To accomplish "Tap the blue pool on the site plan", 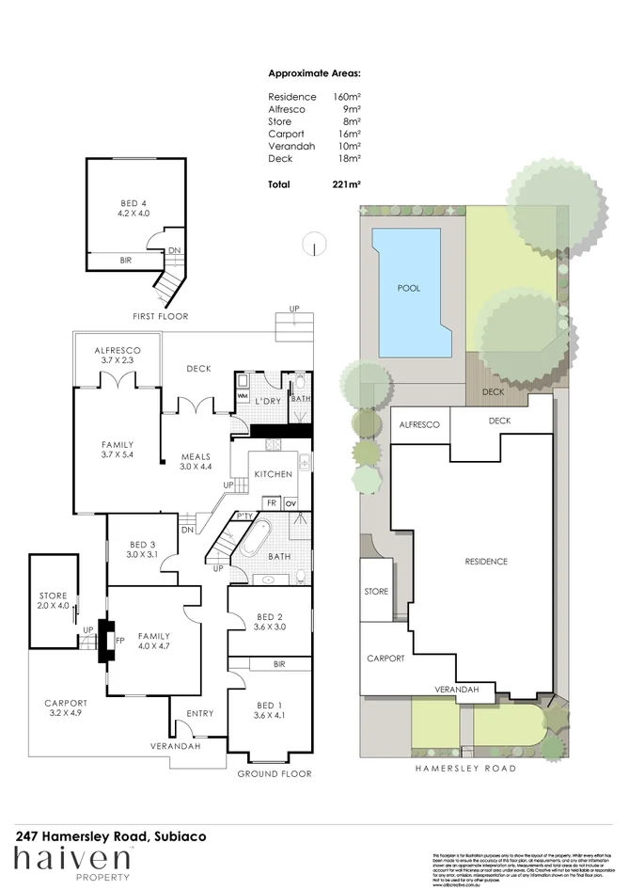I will pyautogui.click(x=409, y=290).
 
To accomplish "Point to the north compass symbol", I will pyautogui.click(x=313, y=246).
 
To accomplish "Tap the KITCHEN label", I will pyautogui.click(x=274, y=474).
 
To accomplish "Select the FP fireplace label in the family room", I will pyautogui.click(x=119, y=642).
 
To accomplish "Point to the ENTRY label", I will pyautogui.click(x=200, y=714).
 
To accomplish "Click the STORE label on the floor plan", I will pyautogui.click(x=52, y=596).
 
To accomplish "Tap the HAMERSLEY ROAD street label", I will pyautogui.click(x=466, y=769).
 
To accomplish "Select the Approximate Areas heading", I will pyautogui.click(x=314, y=72).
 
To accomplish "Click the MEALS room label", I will pyautogui.click(x=196, y=458).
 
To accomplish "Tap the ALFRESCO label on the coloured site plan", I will pyautogui.click(x=420, y=425).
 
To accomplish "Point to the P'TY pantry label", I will pyautogui.click(x=244, y=516).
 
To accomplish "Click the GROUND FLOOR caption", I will pyautogui.click(x=273, y=773).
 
